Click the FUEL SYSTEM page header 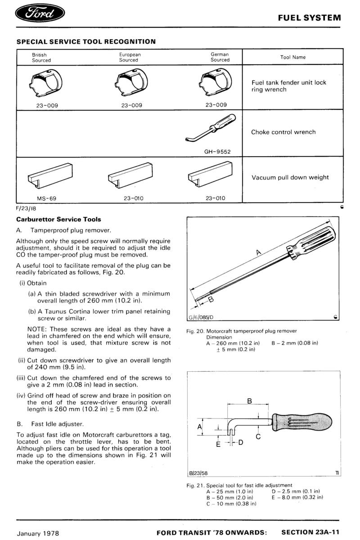pos(309,18)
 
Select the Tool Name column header pos(293,57)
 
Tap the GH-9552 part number pos(217,151)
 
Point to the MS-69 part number pos(46,198)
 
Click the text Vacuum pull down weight pos(290,177)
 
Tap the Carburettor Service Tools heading pos(58,220)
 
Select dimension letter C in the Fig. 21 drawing pos(258,436)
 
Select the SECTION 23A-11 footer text pos(311,532)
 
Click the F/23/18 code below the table pos(27,209)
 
